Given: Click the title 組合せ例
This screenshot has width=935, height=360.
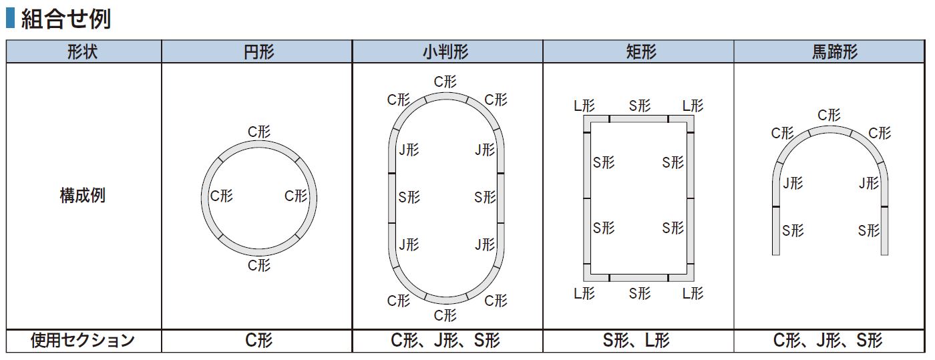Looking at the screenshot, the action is pyautogui.click(x=66, y=19).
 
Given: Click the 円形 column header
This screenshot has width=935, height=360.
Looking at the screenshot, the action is pyautogui.click(x=259, y=52).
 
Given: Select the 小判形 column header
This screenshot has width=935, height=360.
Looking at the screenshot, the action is pyautogui.click(x=446, y=52).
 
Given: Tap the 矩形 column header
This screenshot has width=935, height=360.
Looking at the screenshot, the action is pyautogui.click(x=641, y=52).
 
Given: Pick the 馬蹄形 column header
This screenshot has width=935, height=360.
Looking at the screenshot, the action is pyautogui.click(x=835, y=52).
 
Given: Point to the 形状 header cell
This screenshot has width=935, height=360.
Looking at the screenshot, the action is pyautogui.click(x=83, y=52).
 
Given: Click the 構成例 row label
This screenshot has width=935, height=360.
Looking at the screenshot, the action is pyautogui.click(x=83, y=196).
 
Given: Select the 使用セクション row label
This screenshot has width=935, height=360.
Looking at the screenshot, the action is pyautogui.click(x=83, y=341).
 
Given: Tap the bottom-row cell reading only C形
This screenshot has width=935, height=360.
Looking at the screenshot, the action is pyautogui.click(x=259, y=341).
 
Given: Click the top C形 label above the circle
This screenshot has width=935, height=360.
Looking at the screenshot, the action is pyautogui.click(x=259, y=132).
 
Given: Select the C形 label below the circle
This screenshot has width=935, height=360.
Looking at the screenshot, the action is pyautogui.click(x=259, y=265).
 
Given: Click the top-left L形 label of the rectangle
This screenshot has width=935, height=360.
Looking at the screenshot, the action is pyautogui.click(x=584, y=106).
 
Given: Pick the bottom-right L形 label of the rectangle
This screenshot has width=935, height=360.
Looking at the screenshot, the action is pyautogui.click(x=693, y=294).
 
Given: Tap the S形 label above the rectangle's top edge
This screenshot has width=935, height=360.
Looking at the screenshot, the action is pyautogui.click(x=640, y=106).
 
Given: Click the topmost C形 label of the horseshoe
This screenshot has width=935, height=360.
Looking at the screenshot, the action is pyautogui.click(x=829, y=115).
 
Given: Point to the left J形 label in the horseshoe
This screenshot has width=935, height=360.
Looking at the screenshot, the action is pyautogui.click(x=793, y=183).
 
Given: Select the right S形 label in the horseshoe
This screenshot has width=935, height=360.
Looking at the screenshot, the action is pyautogui.click(x=869, y=230).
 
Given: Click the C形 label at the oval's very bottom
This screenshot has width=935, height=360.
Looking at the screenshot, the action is pyautogui.click(x=445, y=315).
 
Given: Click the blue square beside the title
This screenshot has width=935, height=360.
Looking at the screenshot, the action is pyautogui.click(x=11, y=19).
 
